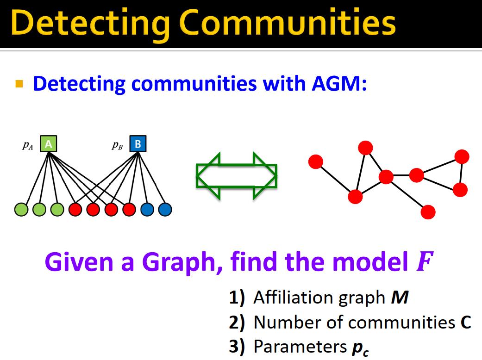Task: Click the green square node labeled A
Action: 49,144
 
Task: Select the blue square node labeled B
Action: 138,144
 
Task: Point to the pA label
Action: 28,145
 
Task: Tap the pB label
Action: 117,145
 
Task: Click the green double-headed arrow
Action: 237,176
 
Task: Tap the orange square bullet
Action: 19,84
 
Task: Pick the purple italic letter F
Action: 423,262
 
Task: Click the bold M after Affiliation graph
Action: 400,298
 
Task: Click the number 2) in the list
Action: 237,322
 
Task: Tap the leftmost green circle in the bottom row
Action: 21,210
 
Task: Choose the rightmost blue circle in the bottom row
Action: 165,210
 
